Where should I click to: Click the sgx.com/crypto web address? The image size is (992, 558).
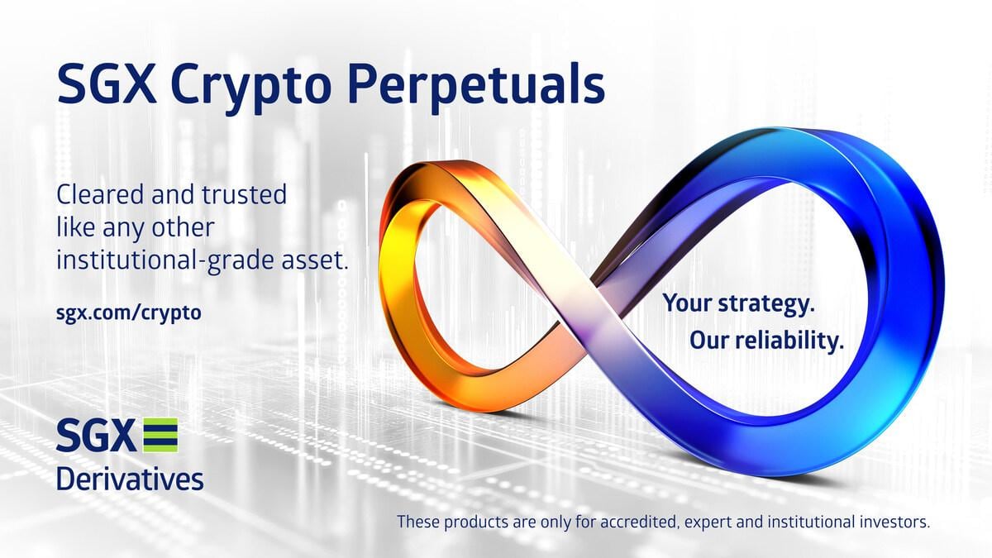pos(128,313)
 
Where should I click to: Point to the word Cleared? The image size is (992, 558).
pos(103,196)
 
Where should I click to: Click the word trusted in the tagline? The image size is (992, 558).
pos(246,196)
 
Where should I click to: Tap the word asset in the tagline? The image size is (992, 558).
pos(318,260)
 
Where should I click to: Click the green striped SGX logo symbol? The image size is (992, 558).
pos(160,435)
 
